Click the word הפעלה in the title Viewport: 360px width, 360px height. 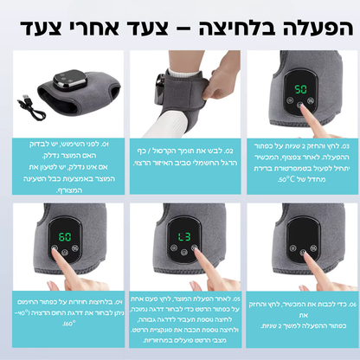315,24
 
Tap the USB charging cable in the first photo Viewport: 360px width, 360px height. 31,105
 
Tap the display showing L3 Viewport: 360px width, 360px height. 184,235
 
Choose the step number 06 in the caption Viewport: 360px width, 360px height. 345,301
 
